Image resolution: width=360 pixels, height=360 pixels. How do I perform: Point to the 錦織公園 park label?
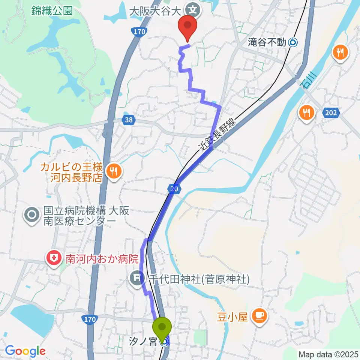[x=52, y=10]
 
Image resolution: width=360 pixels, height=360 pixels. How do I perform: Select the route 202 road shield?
[x=331, y=112]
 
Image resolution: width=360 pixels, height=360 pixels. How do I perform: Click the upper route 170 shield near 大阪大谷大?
[x=139, y=32]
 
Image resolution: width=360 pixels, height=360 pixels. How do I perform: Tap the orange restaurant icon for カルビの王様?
[x=113, y=172]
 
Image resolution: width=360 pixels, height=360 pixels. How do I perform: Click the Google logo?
[x=25, y=351]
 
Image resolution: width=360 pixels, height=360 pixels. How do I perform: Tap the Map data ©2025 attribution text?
[x=328, y=354]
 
